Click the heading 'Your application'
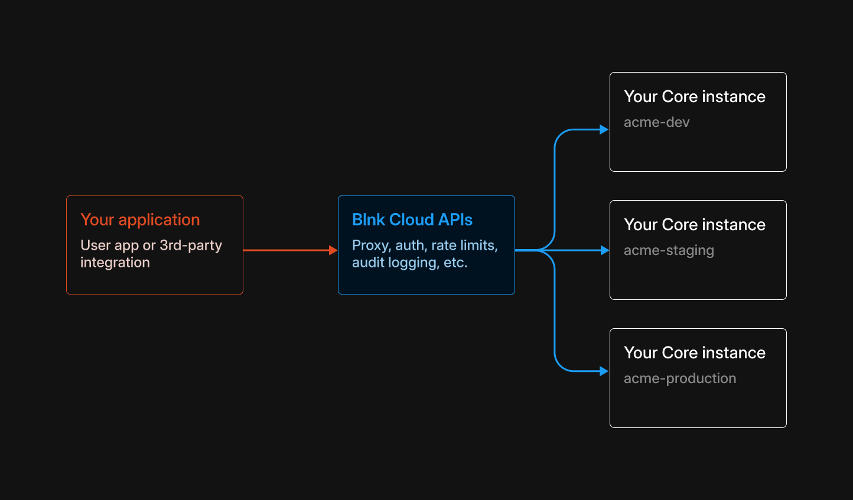click(140, 220)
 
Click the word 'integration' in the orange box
click(115, 262)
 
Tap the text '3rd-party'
click(191, 245)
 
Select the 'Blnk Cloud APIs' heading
click(412, 220)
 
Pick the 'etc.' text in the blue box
click(455, 263)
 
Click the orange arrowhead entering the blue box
click(333, 250)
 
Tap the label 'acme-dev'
click(656, 122)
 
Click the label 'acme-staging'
click(669, 250)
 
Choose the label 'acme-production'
click(679, 378)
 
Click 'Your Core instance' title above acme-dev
click(694, 96)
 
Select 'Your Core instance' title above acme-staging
click(694, 224)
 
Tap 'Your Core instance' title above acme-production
click(694, 352)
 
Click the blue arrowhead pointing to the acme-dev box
click(604, 129)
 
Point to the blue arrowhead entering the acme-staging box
click(604, 250)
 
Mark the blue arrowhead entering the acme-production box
click(604, 371)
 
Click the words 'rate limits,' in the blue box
click(464, 245)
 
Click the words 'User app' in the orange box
click(109, 245)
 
